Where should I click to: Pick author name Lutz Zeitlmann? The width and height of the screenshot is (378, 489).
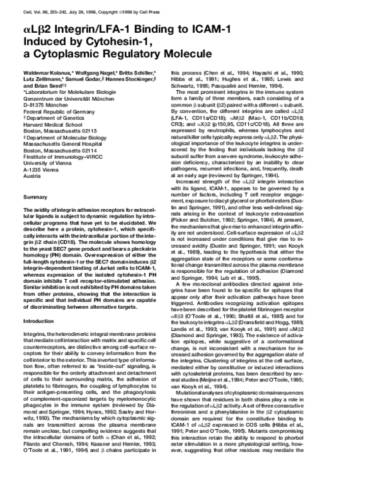tap(42, 80)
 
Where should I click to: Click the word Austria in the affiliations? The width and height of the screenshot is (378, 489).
tap(31, 175)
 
